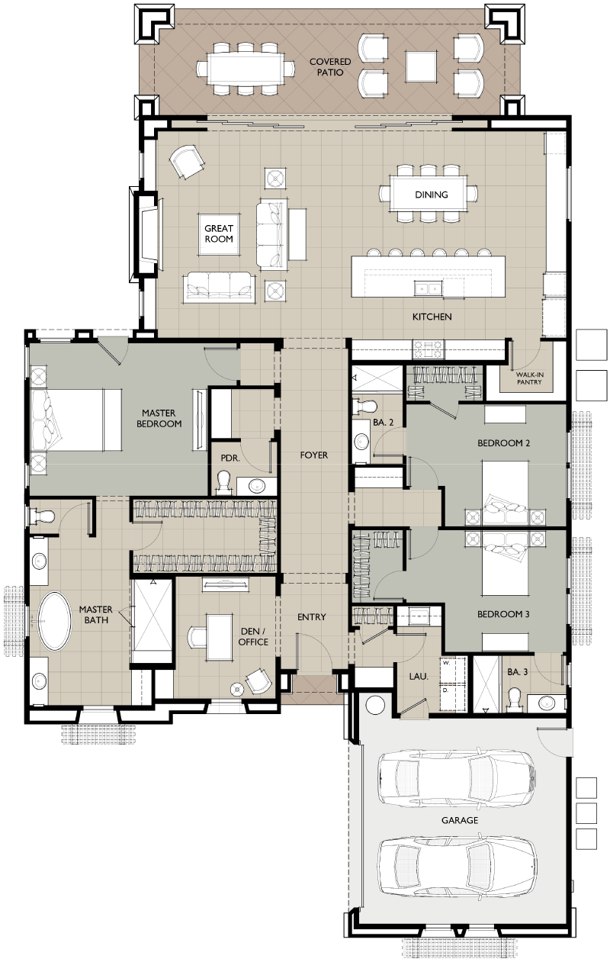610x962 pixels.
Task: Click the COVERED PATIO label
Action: tap(329, 67)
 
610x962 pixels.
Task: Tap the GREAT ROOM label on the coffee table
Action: tap(219, 233)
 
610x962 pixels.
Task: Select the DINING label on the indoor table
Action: tap(431, 195)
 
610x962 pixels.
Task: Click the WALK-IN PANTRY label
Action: tap(529, 378)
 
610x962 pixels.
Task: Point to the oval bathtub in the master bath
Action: tap(54, 621)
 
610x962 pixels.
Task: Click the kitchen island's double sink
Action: tap(428, 288)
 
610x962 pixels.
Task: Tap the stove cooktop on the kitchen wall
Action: tap(428, 349)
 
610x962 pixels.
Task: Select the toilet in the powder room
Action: tap(223, 483)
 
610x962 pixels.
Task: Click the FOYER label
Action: tap(314, 455)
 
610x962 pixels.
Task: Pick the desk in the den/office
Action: tap(219, 637)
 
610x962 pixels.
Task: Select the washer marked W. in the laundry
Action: tap(453, 670)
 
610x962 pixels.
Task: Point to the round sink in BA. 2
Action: tap(361, 441)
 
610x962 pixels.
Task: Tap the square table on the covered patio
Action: tap(421, 66)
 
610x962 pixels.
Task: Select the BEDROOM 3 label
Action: tap(503, 614)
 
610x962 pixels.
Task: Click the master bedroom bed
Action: tap(75, 420)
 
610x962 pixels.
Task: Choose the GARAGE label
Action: tap(459, 820)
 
